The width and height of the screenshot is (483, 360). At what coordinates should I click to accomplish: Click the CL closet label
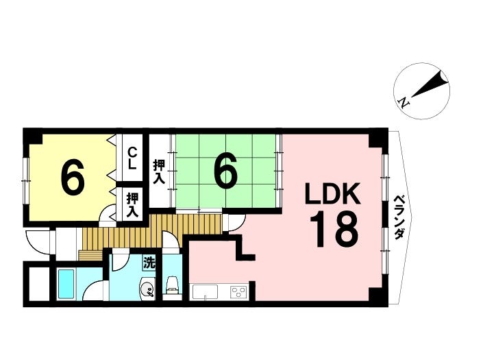132,158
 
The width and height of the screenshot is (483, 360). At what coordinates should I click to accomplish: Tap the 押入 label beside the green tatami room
159,172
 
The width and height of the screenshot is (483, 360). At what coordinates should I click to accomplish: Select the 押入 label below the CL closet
132,205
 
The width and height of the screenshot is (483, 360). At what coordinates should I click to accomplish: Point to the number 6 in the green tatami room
226,171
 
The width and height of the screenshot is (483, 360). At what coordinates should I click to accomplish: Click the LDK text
333,193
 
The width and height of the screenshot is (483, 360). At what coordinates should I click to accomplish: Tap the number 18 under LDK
334,230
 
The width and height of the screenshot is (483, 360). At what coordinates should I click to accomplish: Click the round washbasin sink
147,289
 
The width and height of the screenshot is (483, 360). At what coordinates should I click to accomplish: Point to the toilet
172,285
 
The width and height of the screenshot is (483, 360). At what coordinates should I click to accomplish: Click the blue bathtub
66,283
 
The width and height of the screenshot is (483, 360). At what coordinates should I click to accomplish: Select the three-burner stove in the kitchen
238,291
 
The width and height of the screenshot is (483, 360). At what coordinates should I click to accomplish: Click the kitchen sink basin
205,292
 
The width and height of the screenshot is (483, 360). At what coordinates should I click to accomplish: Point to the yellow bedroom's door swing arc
106,211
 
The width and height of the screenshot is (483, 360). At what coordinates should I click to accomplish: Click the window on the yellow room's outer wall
27,180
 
